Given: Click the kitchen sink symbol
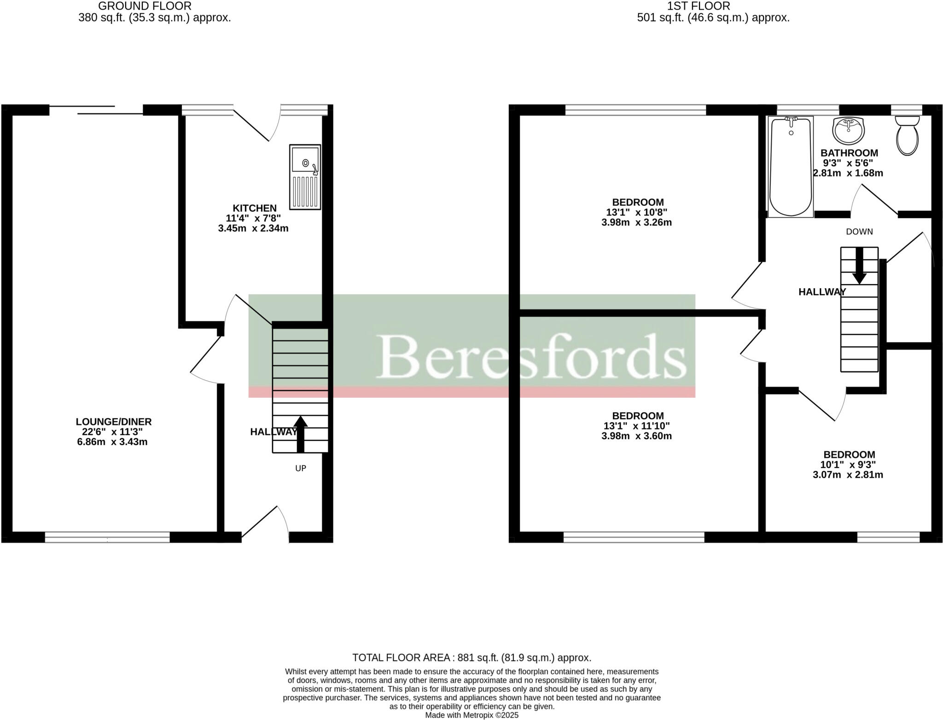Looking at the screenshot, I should tap(305, 177).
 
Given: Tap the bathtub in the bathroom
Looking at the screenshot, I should tap(791, 167).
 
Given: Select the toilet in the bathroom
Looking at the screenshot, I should tap(907, 135).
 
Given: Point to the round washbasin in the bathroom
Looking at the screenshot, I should tap(848, 130).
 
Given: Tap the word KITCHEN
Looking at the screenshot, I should tap(254, 208).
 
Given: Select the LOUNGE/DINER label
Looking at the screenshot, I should tap(114, 422).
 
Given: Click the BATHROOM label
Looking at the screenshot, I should tap(849, 153).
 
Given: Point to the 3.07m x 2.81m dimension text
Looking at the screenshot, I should tap(848, 475).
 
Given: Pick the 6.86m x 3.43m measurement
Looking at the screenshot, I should tap(112, 442).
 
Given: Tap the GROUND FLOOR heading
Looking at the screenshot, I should tap(145, 6).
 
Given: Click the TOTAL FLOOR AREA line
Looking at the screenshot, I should tap(471, 657).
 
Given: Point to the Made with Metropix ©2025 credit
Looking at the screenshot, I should tap(471, 715).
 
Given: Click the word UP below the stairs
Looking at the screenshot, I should tap(301, 468).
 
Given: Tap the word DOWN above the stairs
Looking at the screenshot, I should tap(859, 232).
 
